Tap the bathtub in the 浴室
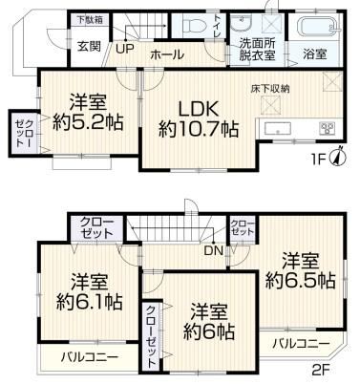click(317, 26)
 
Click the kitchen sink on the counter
click(278, 130)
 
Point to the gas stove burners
click(327, 128)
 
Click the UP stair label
click(125, 49)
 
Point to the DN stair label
click(213, 251)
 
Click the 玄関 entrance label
click(90, 47)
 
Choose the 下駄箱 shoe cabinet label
click(91, 19)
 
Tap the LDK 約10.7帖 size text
click(199, 118)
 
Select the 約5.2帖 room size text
click(88, 122)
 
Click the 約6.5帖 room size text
click(301, 280)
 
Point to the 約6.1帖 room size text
click(90, 301)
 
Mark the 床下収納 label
click(270, 89)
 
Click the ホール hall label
click(167, 54)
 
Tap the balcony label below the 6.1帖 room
click(90, 356)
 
